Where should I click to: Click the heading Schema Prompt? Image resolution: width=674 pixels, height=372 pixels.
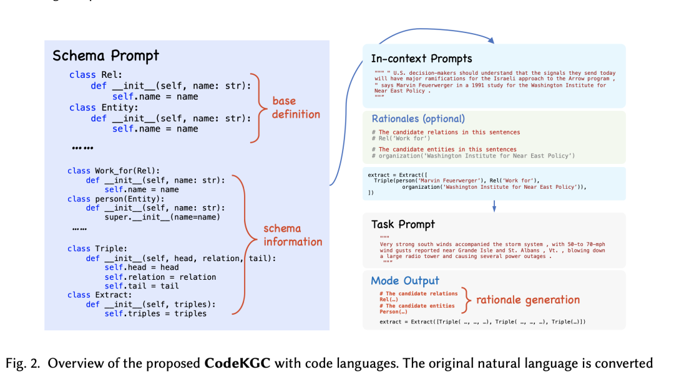(x=105, y=55)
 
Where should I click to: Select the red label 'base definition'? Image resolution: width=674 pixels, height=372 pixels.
(x=296, y=108)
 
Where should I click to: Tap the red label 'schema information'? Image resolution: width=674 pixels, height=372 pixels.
(x=292, y=235)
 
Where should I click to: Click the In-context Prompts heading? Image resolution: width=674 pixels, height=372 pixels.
(x=421, y=59)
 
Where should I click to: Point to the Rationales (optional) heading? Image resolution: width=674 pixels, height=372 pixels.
(x=418, y=118)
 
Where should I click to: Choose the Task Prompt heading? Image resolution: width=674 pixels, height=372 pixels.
(x=403, y=224)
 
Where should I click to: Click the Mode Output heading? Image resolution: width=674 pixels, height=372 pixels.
(x=405, y=280)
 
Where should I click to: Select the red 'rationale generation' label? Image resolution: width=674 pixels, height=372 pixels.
(x=528, y=300)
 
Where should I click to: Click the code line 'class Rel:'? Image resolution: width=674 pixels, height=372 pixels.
(x=91, y=75)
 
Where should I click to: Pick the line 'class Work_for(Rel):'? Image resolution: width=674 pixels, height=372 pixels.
(x=114, y=171)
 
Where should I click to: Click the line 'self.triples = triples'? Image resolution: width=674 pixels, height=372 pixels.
(x=155, y=313)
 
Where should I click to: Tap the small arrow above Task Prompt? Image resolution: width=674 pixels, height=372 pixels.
(x=494, y=206)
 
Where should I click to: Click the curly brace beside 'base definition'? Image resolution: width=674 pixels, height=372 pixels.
(x=260, y=107)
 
